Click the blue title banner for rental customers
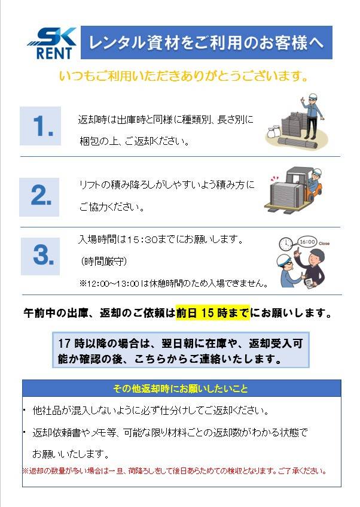[206, 42]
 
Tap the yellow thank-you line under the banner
[184, 76]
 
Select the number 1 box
[41, 126]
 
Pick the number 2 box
[39, 197]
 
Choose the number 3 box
[41, 256]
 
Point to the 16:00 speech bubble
[307, 242]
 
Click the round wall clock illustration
[286, 244]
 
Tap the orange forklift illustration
[294, 190]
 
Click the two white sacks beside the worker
[274, 133]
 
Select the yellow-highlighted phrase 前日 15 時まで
[213, 313]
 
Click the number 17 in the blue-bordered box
[65, 344]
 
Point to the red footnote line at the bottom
[175, 470]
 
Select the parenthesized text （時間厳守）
[103, 261]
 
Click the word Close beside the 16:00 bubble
[324, 244]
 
